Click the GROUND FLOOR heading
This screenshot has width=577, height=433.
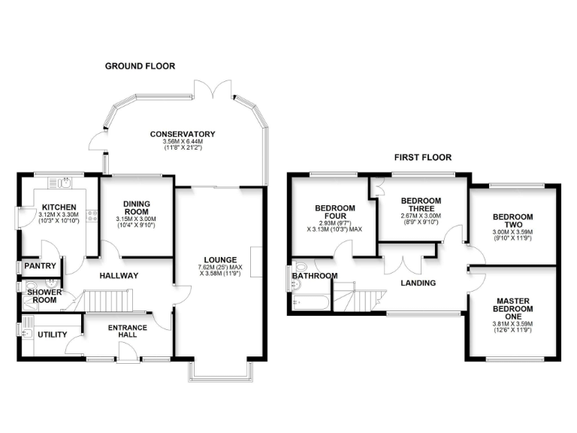tap(140, 66)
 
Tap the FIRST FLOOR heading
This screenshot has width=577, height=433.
tap(423, 158)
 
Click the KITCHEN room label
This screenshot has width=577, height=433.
tap(56, 207)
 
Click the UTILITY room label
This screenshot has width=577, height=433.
tap(51, 335)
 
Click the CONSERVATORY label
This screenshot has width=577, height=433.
tap(183, 134)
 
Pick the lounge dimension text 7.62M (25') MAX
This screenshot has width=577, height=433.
tap(219, 268)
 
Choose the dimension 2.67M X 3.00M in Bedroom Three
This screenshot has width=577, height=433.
tap(420, 214)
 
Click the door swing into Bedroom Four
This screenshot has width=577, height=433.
tap(345, 250)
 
